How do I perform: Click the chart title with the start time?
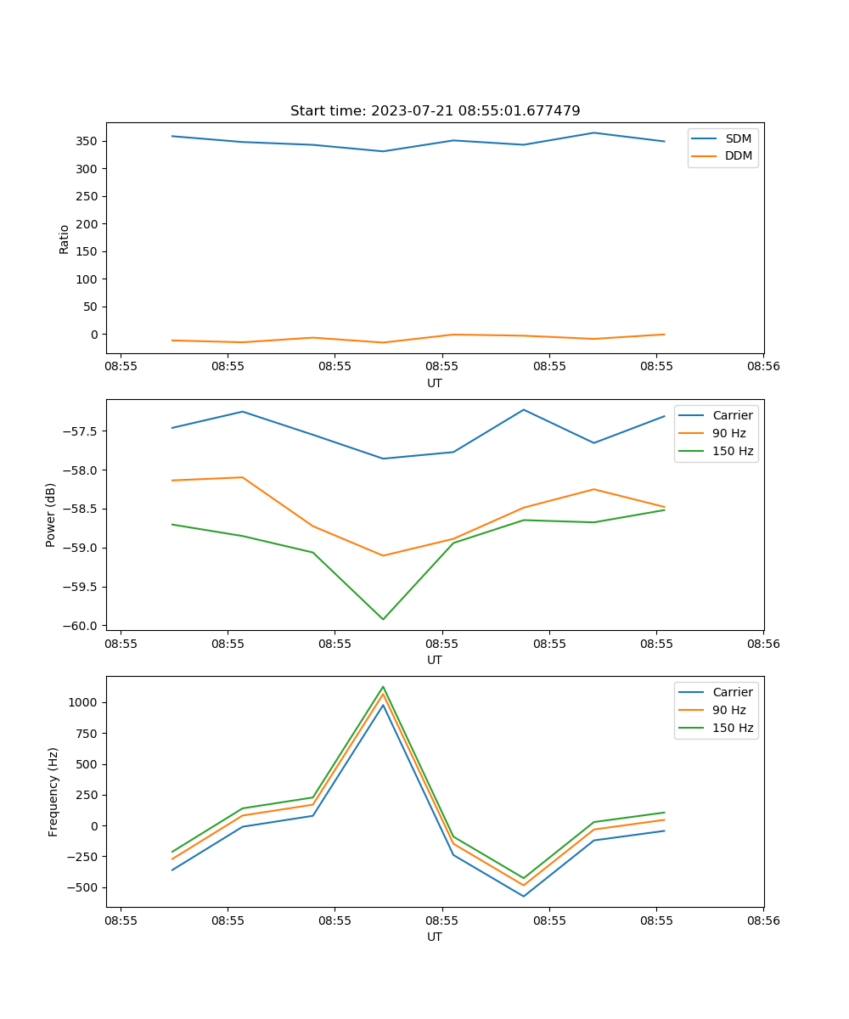point(435,111)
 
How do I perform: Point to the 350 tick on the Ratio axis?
point(89,141)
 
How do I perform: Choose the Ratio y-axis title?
point(65,239)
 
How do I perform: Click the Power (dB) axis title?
point(51,515)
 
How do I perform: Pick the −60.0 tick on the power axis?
point(82,626)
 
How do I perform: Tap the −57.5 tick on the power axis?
point(82,431)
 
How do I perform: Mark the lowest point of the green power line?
point(383,619)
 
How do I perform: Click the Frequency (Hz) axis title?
point(53,791)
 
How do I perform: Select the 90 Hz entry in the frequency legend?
point(729,710)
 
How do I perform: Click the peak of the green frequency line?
point(383,686)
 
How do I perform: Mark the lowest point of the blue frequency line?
point(524,896)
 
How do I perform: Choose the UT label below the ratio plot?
point(435,383)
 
